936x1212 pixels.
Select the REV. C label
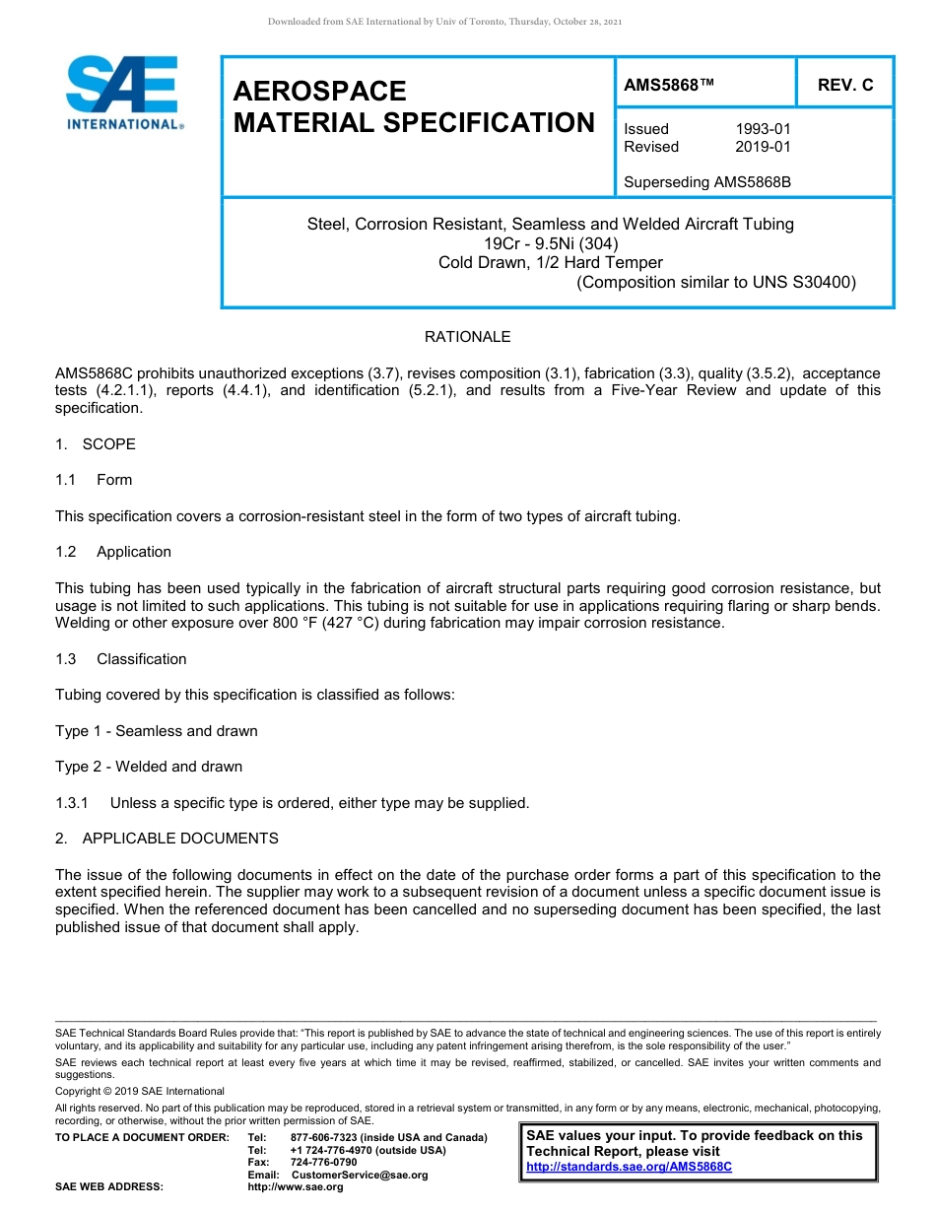[844, 86]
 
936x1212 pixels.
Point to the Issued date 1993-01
[763, 129]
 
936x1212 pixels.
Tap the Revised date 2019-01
[763, 147]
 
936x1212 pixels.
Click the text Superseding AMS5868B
[707, 182]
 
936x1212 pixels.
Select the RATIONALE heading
[467, 337]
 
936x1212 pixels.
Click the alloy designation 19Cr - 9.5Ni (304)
[551, 243]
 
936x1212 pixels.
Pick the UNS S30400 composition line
[716, 282]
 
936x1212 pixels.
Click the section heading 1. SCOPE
[96, 444]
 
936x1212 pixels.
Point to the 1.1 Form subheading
[94, 480]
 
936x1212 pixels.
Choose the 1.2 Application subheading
[113, 552]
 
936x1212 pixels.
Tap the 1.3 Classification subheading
[121, 659]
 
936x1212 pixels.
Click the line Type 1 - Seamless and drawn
[157, 731]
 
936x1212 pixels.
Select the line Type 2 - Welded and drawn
[149, 767]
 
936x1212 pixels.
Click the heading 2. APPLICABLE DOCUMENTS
[167, 839]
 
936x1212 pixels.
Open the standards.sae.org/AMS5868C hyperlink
[629, 1167]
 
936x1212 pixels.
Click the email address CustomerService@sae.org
[360, 1175]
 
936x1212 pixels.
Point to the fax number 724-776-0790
[323, 1163]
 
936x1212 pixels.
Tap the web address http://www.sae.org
[296, 1187]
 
